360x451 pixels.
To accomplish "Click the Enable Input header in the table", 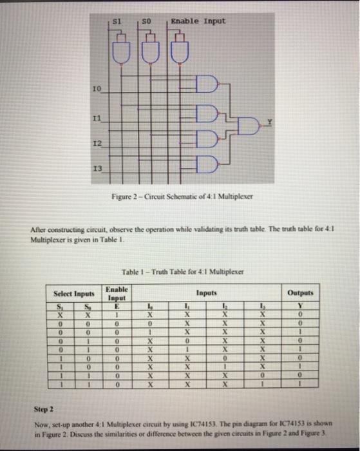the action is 117,294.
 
